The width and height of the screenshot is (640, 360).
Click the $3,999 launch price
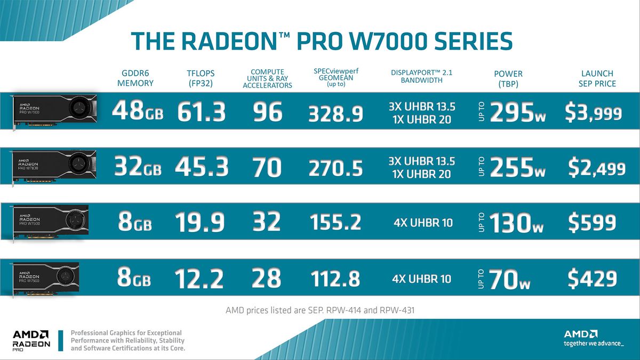pyautogui.click(x=593, y=113)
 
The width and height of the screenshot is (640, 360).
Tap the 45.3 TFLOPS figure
pyautogui.click(x=202, y=167)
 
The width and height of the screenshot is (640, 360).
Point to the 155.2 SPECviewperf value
pyautogui.click(x=335, y=222)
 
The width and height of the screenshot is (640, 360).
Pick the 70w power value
pyautogui.click(x=509, y=279)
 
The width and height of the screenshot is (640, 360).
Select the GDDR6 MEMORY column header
pyautogui.click(x=135, y=78)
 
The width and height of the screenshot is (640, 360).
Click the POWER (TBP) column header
pyautogui.click(x=508, y=78)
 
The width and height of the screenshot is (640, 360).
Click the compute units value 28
pyautogui.click(x=266, y=278)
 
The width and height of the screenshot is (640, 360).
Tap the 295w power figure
pyautogui.click(x=517, y=113)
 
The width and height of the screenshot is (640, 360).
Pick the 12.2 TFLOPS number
pyautogui.click(x=200, y=278)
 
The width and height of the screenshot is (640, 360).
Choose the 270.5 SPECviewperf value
pyautogui.click(x=335, y=168)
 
